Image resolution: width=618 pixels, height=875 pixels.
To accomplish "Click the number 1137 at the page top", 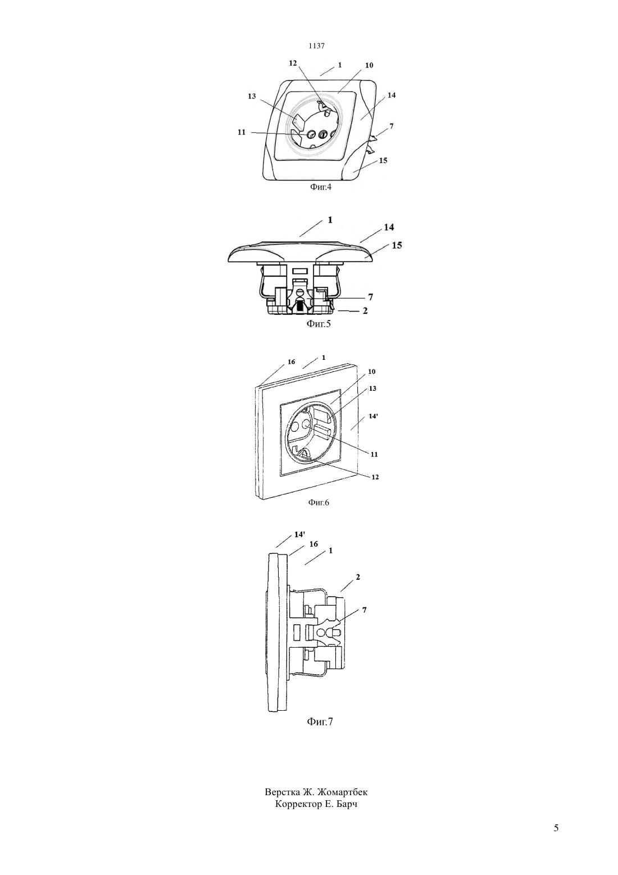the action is tap(316, 46).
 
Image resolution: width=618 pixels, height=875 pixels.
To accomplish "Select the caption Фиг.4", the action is tap(321, 187).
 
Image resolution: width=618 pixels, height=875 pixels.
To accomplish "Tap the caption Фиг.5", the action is tap(319, 324).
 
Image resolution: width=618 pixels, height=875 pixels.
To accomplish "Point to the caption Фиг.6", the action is tap(319, 503).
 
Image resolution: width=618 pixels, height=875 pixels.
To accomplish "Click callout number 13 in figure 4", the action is tap(252, 97).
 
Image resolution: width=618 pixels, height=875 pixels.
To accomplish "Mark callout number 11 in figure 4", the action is tap(242, 132).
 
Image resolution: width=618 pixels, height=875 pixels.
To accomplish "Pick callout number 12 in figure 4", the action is tap(293, 63).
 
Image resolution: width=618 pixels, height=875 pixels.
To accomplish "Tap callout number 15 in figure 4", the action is tap(383, 160).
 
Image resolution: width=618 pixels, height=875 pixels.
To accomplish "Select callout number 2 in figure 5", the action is tap(365, 311).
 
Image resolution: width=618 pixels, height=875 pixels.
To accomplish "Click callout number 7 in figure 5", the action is tap(370, 297).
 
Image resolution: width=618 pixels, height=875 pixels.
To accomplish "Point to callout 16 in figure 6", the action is tap(292, 362).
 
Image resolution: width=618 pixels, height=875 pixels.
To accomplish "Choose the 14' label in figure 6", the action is tap(373, 416).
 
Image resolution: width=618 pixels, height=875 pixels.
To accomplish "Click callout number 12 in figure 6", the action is tap(375, 477).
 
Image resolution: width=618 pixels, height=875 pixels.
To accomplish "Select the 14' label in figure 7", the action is tap(299, 535).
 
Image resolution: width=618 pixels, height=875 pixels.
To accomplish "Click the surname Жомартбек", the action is tap(342, 792).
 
